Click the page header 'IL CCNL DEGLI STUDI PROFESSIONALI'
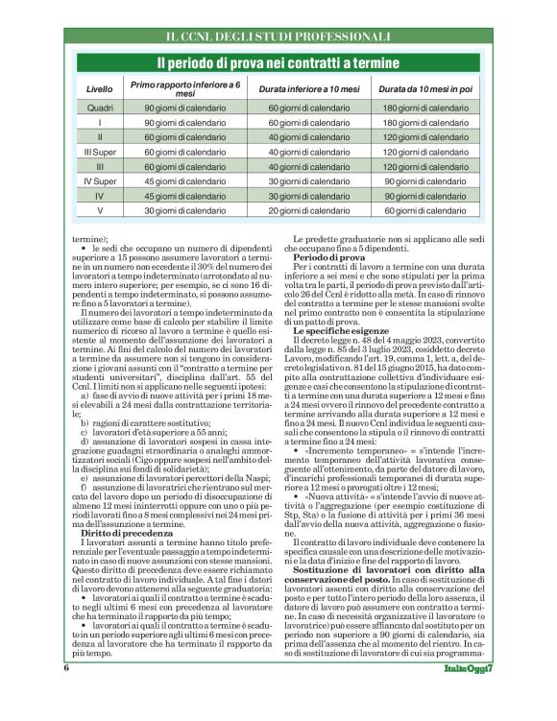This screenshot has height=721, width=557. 278,36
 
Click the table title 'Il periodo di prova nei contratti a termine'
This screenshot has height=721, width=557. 278,63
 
